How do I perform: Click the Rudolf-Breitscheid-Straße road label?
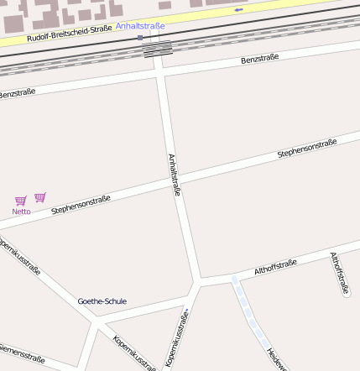[69, 34]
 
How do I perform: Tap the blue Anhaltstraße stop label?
[140, 26]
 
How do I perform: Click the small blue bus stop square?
[140, 37]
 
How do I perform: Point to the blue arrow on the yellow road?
[238, 9]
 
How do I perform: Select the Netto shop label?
[21, 212]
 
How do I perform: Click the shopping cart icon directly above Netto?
[21, 201]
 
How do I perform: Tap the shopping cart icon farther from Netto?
[40, 197]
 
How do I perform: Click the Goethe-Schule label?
[102, 301]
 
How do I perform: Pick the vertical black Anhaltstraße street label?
[175, 175]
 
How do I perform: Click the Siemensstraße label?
[21, 353]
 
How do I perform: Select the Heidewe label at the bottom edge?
[276, 358]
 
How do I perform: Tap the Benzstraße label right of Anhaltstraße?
[259, 59]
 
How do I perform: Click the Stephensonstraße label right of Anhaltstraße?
[307, 149]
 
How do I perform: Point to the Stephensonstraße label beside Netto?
[81, 205]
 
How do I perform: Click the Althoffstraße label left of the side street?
[275, 268]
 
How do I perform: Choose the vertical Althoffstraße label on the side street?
[339, 272]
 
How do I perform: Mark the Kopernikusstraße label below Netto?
[18, 259]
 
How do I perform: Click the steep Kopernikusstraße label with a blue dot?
[175, 338]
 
